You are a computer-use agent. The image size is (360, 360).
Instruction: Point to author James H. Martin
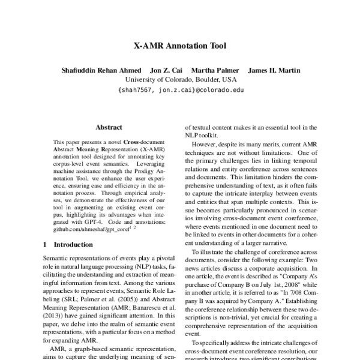click(x=274, y=70)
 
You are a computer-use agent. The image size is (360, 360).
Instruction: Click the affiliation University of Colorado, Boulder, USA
click(x=179, y=79)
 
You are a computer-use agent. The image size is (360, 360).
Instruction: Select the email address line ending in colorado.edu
click(x=179, y=89)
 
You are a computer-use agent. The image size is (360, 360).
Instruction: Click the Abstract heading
click(x=109, y=127)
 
